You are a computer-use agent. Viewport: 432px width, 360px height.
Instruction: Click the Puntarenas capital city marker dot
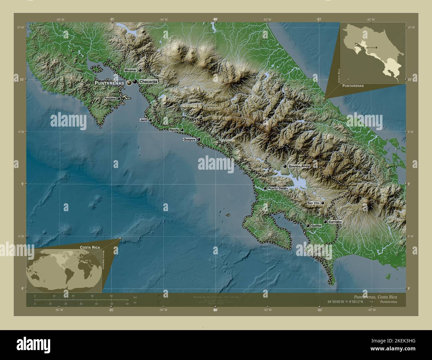(x=129, y=83)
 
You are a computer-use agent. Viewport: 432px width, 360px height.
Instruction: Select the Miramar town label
(x=131, y=70)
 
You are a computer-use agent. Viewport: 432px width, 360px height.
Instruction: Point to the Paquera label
(x=110, y=99)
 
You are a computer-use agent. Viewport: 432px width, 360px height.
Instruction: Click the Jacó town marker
(x=150, y=120)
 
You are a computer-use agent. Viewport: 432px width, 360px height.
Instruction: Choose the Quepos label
(x=189, y=140)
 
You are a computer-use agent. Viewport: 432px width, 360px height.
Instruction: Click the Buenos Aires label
(x=299, y=166)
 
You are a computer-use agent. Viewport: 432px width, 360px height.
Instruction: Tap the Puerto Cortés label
(x=278, y=188)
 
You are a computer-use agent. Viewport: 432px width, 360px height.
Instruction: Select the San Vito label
(x=313, y=203)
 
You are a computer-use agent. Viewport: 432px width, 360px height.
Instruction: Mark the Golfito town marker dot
(x=308, y=226)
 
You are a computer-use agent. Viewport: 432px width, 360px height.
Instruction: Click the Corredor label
(x=335, y=222)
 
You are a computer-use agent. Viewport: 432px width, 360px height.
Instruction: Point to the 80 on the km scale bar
(x=111, y=296)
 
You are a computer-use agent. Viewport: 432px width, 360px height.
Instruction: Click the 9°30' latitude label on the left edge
(x=21, y=132)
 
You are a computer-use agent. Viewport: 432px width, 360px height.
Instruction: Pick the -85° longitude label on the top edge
(x=111, y=20)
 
